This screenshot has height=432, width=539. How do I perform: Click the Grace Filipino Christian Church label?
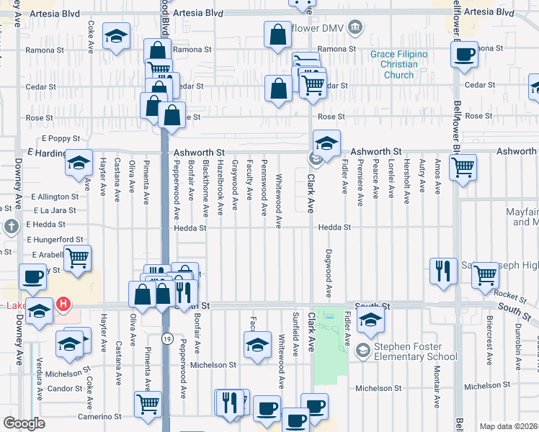pyautogui.click(x=398, y=64)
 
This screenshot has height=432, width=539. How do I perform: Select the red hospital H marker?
pyautogui.click(x=64, y=305)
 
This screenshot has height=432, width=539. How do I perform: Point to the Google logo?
pyautogui.click(x=24, y=423)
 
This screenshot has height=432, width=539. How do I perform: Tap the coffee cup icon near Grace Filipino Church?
pyautogui.click(x=465, y=55)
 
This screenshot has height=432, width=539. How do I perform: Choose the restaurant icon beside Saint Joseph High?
pyautogui.click(x=442, y=271)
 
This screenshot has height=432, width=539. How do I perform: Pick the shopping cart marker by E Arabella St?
pyautogui.click(x=77, y=258)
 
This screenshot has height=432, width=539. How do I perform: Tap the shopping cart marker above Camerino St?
pyautogui.click(x=148, y=404)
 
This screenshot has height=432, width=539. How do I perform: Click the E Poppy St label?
pyautogui.click(x=58, y=138)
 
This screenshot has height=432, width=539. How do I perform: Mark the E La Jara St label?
pyautogui.click(x=55, y=210)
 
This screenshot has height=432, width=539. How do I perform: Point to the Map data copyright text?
pyautogui.click(x=508, y=426)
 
